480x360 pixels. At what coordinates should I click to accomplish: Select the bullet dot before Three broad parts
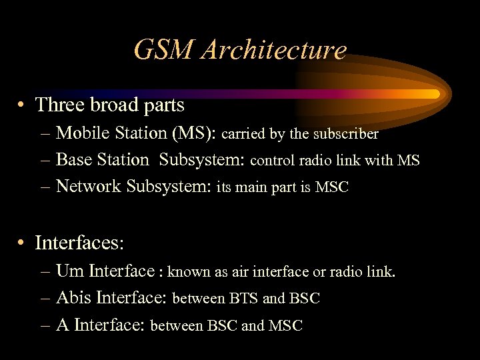pyautogui.click(x=22, y=105)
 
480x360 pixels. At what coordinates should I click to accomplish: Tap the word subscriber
pyautogui.click(x=345, y=134)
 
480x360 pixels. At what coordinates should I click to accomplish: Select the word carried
pyautogui.click(x=243, y=134)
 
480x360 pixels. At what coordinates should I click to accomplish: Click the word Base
pyautogui.click(x=75, y=160)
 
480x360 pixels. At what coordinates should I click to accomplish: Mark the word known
pyautogui.click(x=188, y=272)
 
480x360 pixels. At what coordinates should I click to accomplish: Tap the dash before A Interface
pyautogui.click(x=45, y=325)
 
